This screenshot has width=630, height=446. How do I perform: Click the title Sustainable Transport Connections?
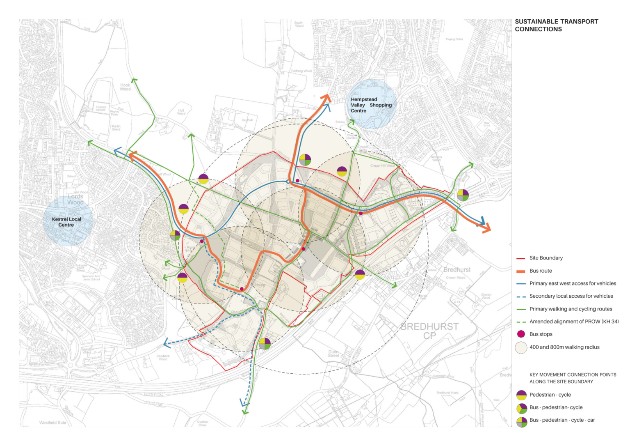click(556, 25)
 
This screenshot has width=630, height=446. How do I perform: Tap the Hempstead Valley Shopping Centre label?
click(371, 105)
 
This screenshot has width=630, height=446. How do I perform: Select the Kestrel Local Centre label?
click(66, 222)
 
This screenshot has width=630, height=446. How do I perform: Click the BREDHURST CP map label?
click(429, 331)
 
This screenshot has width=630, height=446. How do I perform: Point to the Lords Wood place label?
click(75, 200)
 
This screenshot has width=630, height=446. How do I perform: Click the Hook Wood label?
click(125, 87)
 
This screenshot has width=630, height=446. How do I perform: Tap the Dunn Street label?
click(333, 354)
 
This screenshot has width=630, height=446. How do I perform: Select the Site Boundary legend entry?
click(546, 258)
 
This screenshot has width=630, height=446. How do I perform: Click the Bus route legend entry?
click(540, 271)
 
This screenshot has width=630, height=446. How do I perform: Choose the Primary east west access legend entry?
click(572, 283)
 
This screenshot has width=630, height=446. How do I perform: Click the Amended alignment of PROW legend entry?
click(573, 322)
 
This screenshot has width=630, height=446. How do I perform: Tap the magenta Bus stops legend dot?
click(521, 334)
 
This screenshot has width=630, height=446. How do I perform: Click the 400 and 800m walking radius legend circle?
click(521, 347)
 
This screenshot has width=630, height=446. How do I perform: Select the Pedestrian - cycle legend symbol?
click(521, 395)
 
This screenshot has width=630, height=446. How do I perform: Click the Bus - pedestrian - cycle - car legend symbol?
click(521, 422)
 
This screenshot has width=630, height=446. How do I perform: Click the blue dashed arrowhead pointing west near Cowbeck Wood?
click(167, 343)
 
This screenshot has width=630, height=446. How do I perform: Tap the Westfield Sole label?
click(52, 423)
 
